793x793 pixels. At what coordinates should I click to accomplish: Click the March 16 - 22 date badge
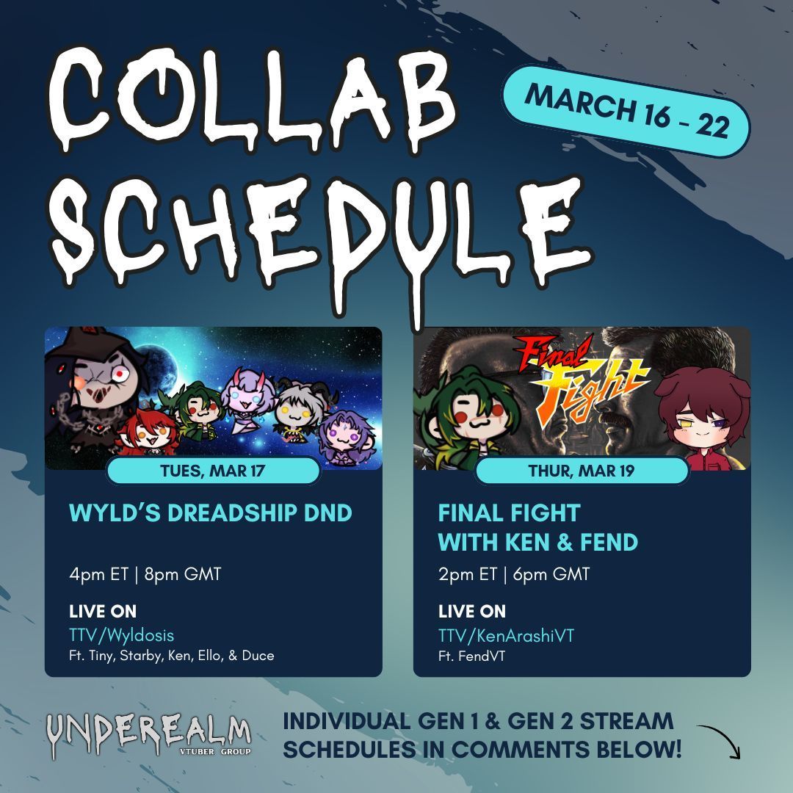tap(626, 110)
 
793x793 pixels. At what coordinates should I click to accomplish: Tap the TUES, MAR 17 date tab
tap(213, 471)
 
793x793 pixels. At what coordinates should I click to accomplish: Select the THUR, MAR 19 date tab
tap(582, 471)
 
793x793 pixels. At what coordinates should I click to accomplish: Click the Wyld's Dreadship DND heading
tap(211, 513)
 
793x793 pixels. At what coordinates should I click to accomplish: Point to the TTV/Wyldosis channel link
tap(122, 635)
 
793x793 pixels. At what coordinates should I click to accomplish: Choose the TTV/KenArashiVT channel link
tap(506, 635)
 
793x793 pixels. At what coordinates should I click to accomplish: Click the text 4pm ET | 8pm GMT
tap(145, 573)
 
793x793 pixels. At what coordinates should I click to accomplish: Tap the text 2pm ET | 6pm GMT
tap(514, 573)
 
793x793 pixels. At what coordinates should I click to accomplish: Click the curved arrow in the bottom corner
tap(720, 740)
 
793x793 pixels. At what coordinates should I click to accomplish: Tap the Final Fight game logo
tap(584, 380)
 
